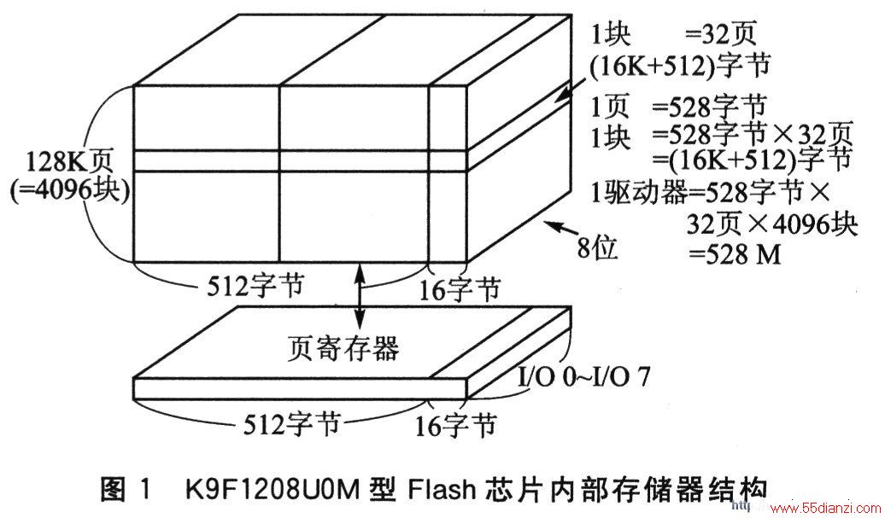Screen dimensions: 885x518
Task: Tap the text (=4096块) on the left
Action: tap(69, 190)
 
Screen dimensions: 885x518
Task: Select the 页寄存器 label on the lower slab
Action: tap(343, 348)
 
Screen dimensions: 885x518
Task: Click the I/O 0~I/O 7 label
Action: tap(583, 377)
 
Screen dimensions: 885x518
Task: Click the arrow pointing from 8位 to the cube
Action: tap(560, 229)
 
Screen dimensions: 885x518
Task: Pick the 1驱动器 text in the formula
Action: tap(639, 194)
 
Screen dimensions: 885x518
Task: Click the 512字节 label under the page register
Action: tap(291, 423)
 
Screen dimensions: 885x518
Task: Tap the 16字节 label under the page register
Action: tap(455, 425)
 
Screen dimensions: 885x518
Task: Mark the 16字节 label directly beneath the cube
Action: tap(459, 290)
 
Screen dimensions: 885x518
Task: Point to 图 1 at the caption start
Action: tap(126, 489)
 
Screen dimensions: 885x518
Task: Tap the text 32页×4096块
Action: tap(772, 225)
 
